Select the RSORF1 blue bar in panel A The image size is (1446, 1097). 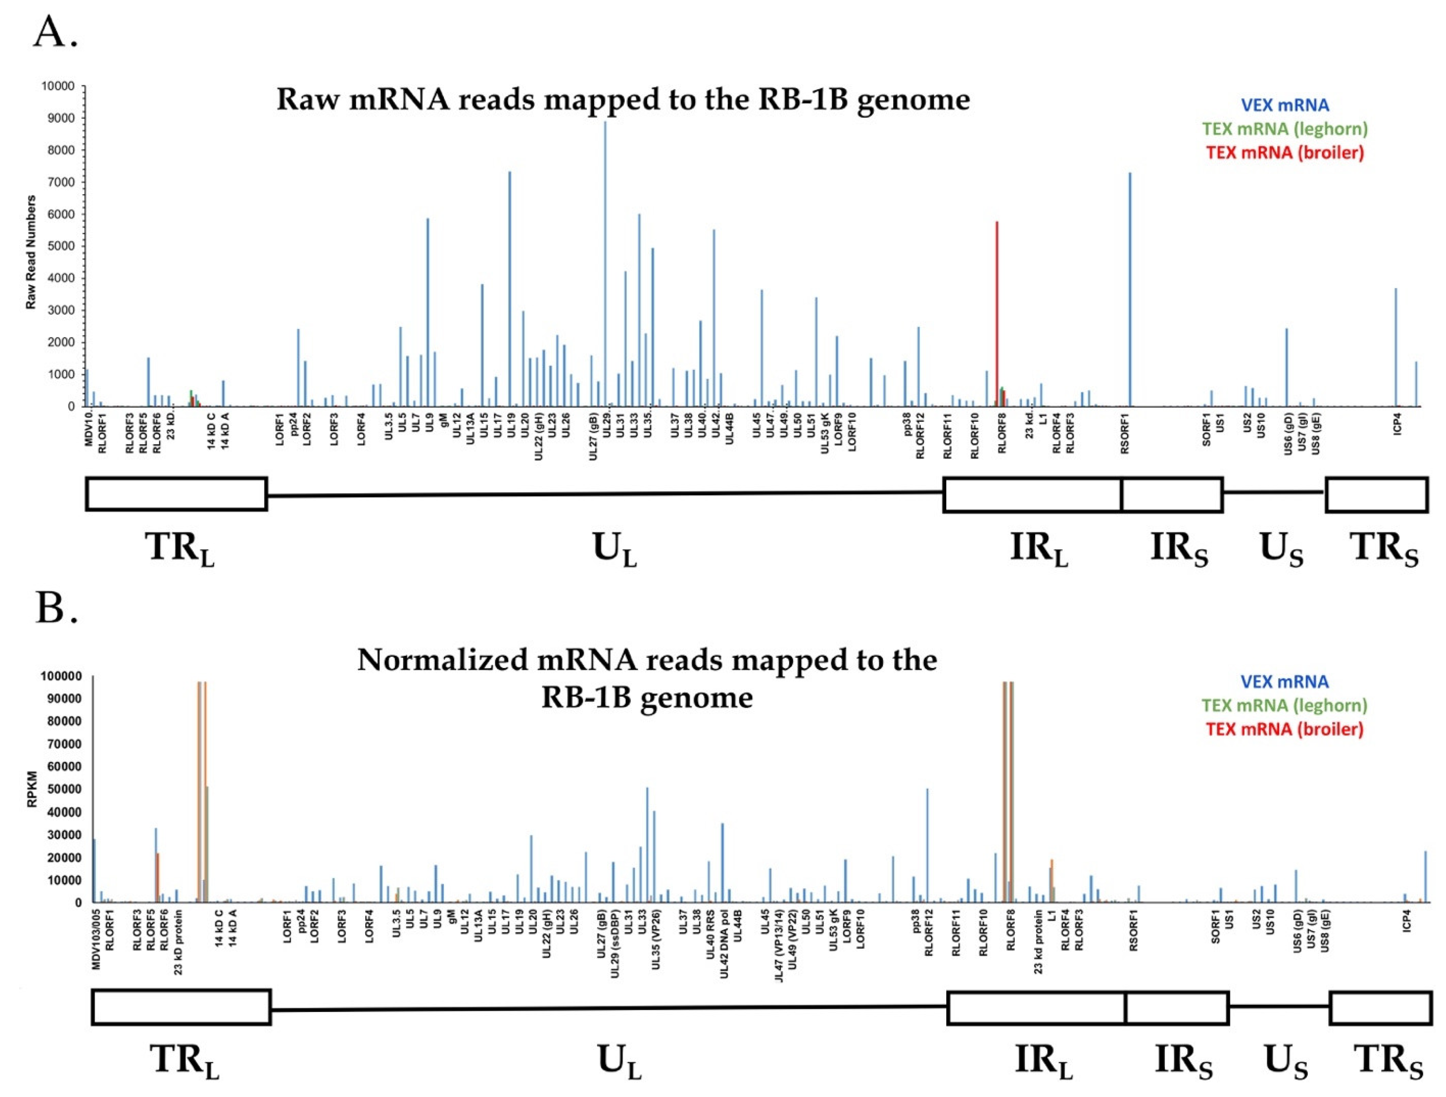click(x=1130, y=294)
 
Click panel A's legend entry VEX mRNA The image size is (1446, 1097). click(x=1285, y=105)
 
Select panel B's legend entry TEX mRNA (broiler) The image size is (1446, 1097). click(x=1285, y=729)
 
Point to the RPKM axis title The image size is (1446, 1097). click(x=32, y=789)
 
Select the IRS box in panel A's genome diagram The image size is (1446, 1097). click(x=1172, y=494)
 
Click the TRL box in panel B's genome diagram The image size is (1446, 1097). click(x=181, y=1007)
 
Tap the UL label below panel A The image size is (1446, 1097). click(x=615, y=550)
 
